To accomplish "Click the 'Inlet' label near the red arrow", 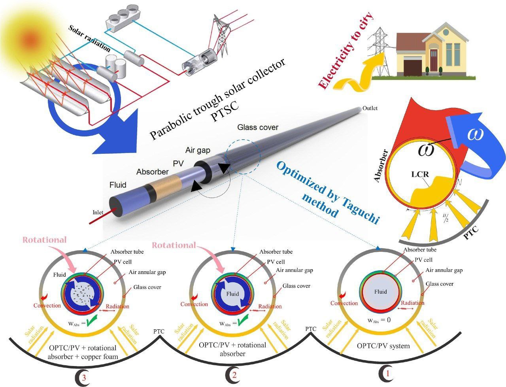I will [98, 212].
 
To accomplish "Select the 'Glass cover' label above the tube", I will [258, 128].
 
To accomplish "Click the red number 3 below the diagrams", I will [84, 378].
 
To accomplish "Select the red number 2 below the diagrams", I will [235, 376].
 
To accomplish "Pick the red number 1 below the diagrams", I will [388, 372].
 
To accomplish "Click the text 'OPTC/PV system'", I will [383, 346].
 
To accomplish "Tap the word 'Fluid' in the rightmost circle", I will [381, 292].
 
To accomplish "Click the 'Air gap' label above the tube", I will [198, 150].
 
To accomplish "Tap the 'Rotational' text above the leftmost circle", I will [45, 240].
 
